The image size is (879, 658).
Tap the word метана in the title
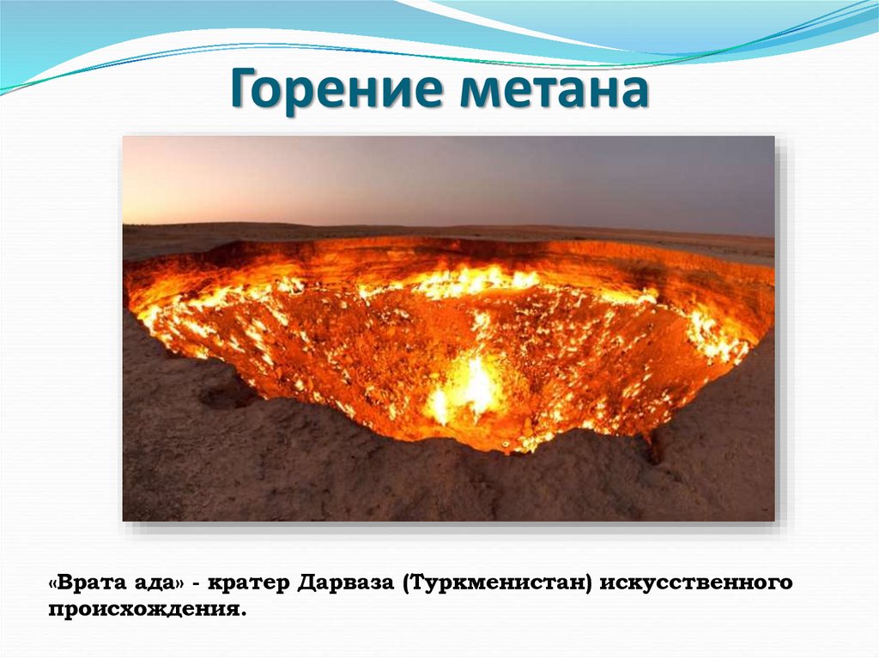(553, 92)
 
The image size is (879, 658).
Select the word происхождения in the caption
(142, 611)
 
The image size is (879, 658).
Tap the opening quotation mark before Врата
(55, 583)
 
